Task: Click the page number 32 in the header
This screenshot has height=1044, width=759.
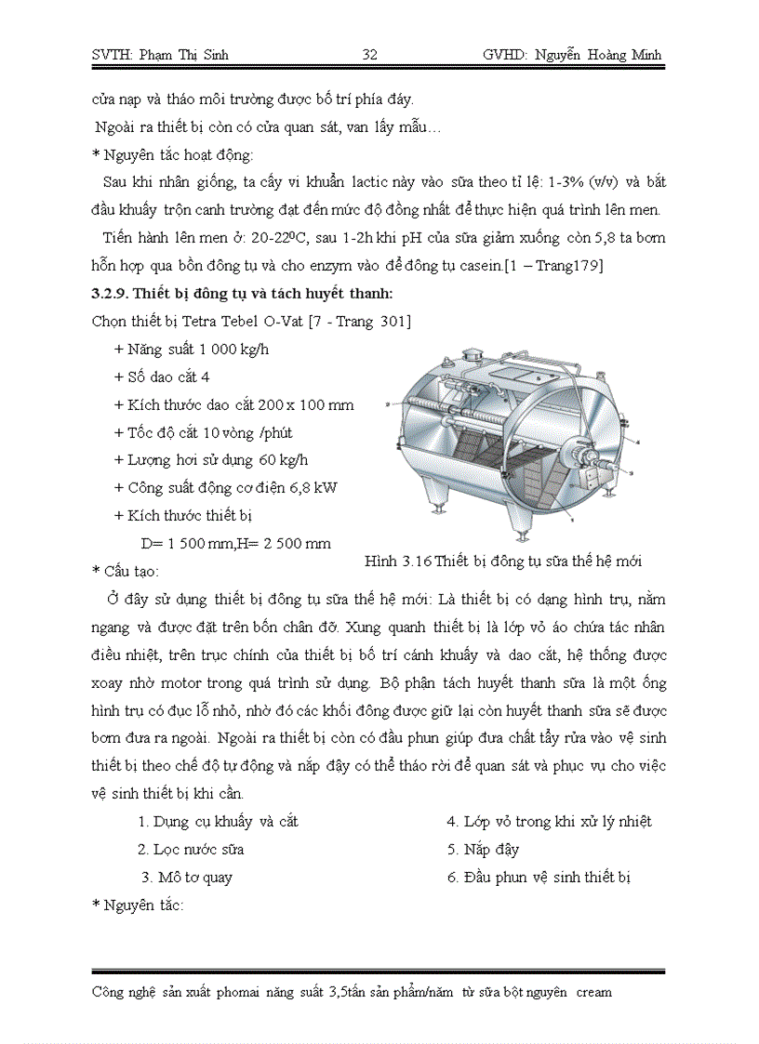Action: [x=369, y=55]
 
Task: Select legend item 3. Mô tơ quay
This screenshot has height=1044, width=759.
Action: [x=187, y=877]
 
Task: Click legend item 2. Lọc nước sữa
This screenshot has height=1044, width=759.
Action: [x=191, y=849]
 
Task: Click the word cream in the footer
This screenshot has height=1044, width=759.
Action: [x=593, y=992]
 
